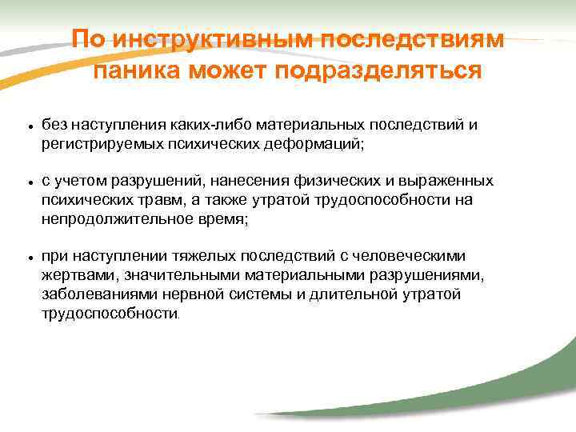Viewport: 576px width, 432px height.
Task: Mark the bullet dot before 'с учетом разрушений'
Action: [28, 183]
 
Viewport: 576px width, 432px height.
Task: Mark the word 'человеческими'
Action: [413, 257]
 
